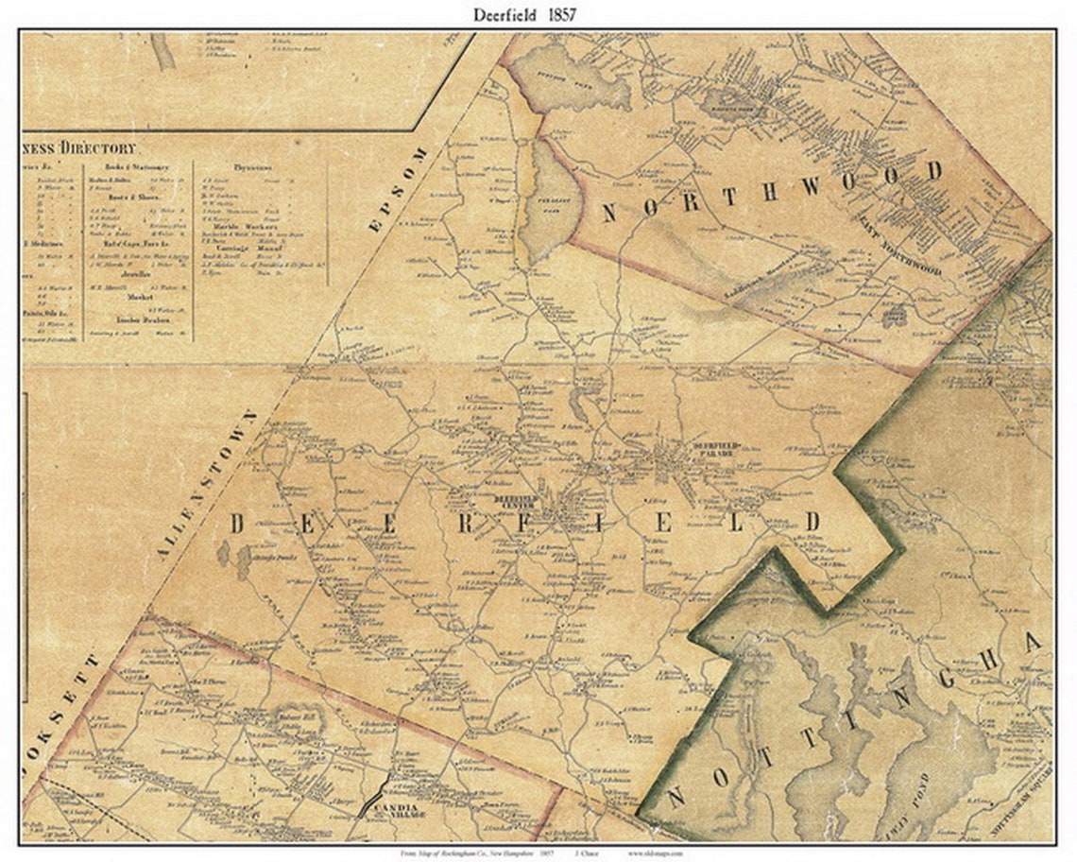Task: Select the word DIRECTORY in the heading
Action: pyautogui.click(x=97, y=148)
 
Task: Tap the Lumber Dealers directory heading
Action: pyautogui.click(x=133, y=321)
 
